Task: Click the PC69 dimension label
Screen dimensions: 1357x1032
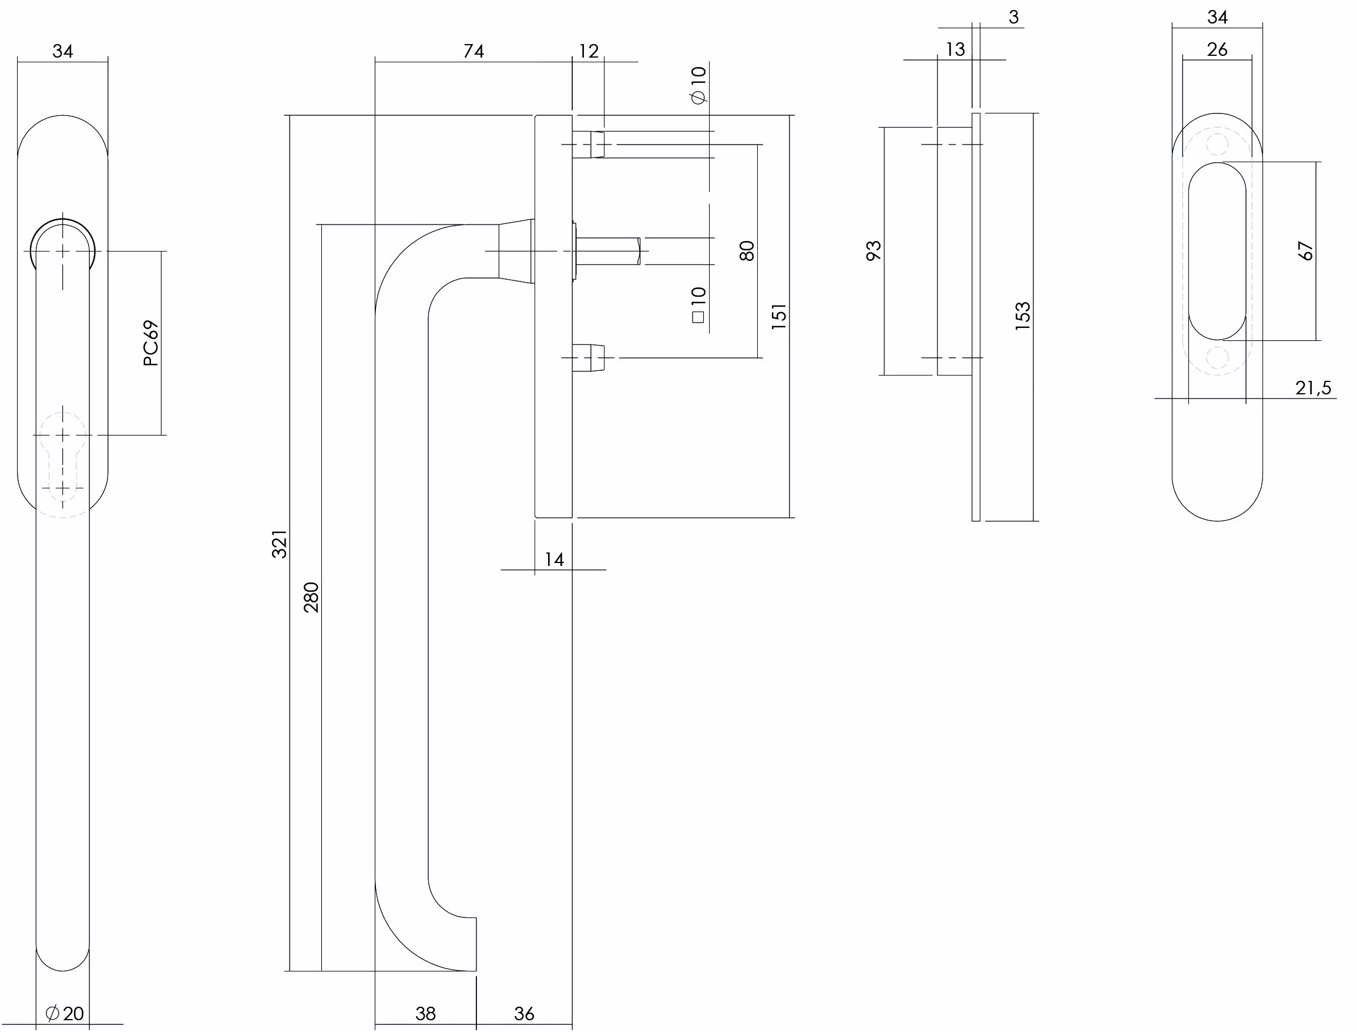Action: [151, 343]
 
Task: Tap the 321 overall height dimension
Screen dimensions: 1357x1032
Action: [280, 544]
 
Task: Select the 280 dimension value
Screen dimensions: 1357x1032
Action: [311, 598]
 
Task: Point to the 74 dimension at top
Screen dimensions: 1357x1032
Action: [473, 51]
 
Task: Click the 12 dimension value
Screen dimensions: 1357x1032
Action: [588, 51]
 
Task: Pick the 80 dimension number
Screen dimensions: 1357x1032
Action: [747, 252]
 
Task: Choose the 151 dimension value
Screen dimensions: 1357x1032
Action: [778, 316]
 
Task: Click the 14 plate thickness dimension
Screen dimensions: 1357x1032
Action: [554, 559]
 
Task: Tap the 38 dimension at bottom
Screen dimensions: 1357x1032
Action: [425, 1014]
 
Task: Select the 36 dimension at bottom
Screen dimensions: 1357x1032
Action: [524, 1014]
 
